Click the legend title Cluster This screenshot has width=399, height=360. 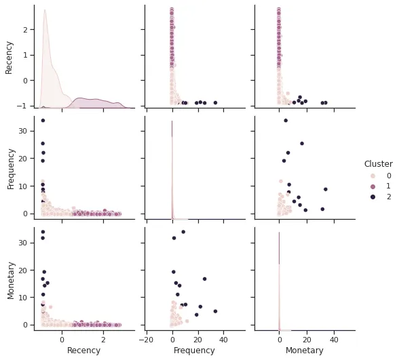point(378,164)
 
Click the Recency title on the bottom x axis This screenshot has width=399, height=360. point(84,351)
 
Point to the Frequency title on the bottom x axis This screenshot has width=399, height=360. point(195,351)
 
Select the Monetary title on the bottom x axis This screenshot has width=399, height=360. point(303,351)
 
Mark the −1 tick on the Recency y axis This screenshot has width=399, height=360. point(23,106)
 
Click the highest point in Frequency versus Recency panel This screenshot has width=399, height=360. point(43,121)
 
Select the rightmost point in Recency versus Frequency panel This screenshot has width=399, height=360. point(215,102)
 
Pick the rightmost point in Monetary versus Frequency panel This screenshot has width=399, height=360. point(215,311)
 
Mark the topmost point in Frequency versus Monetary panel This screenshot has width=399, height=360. point(286,121)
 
